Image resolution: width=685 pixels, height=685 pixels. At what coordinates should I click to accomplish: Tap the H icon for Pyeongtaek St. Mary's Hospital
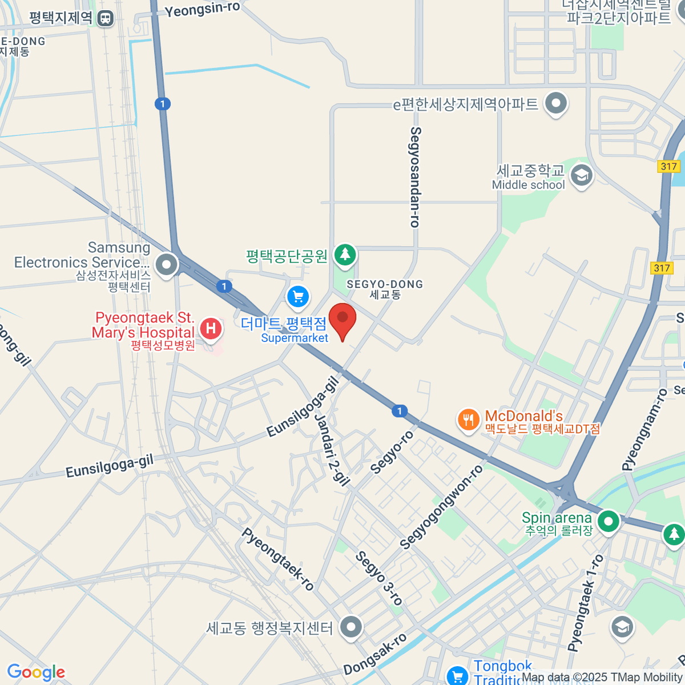pyautogui.click(x=211, y=328)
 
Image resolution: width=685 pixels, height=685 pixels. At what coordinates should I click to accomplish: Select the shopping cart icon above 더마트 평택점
pyautogui.click(x=298, y=296)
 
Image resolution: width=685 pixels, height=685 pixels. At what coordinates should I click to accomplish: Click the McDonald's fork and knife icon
pyautogui.click(x=468, y=421)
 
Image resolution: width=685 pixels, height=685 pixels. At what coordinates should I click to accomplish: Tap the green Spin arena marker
pyautogui.click(x=609, y=521)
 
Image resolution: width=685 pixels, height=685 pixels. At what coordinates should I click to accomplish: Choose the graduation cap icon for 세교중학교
pyautogui.click(x=581, y=175)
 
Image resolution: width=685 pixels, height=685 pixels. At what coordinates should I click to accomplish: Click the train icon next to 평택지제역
pyautogui.click(x=105, y=18)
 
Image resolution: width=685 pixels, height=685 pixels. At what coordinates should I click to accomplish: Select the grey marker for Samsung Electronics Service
pyautogui.click(x=167, y=264)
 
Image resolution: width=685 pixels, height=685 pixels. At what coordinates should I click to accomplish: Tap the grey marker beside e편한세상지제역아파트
pyautogui.click(x=555, y=103)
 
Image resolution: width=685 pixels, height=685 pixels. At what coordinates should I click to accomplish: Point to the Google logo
pyautogui.click(x=36, y=672)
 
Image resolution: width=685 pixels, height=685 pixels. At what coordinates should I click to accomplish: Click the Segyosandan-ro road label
pyautogui.click(x=416, y=177)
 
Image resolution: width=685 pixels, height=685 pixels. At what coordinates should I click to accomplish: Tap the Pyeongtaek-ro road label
pyautogui.click(x=278, y=559)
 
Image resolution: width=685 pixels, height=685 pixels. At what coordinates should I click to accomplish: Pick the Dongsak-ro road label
pyautogui.click(x=375, y=654)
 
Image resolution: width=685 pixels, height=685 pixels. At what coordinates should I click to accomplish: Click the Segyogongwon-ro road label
pyautogui.click(x=441, y=507)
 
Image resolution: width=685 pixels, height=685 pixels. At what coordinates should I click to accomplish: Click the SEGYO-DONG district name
pyautogui.click(x=385, y=284)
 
